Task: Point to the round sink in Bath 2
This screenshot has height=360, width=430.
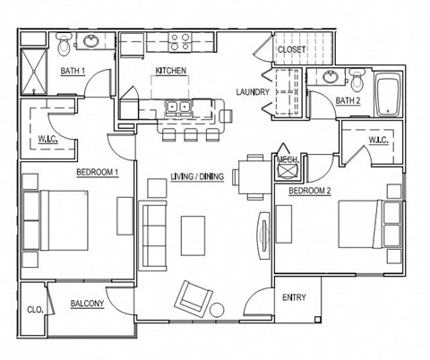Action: click(x=333, y=78)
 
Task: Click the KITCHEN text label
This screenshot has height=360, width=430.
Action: click(x=170, y=70)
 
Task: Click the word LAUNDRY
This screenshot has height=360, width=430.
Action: click(x=253, y=91)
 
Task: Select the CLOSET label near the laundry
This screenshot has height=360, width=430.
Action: click(x=291, y=49)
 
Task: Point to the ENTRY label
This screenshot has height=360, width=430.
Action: click(x=294, y=297)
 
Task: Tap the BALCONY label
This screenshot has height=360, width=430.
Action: click(x=87, y=304)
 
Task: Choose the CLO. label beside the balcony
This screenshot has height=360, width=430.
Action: click(x=35, y=309)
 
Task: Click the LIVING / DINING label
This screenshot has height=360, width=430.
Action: click(x=196, y=176)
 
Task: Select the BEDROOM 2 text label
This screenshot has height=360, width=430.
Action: click(x=310, y=191)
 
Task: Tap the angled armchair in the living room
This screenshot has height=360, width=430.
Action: click(x=194, y=296)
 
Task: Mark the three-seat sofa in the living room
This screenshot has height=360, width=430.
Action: click(x=154, y=236)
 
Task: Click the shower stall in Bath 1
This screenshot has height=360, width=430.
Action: click(x=34, y=70)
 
